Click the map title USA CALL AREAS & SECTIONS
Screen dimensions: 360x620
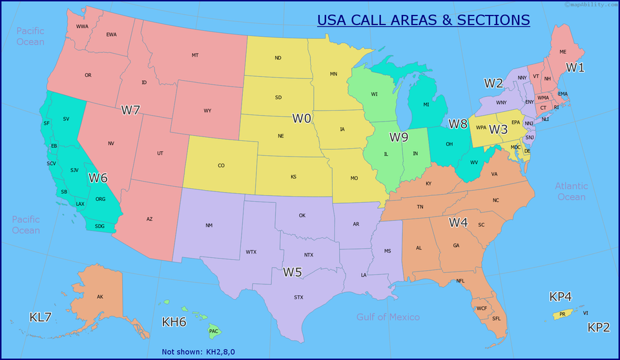(x=423, y=20)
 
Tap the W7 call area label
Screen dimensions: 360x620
(x=130, y=110)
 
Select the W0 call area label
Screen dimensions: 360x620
(x=302, y=118)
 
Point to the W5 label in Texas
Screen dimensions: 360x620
(x=292, y=272)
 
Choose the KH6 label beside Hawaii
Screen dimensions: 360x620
(x=174, y=322)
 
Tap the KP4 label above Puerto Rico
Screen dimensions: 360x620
(x=561, y=297)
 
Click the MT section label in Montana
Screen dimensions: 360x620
(x=195, y=56)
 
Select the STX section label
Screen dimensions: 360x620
(x=298, y=297)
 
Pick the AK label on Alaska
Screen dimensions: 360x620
(x=100, y=297)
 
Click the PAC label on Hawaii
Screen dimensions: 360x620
(x=214, y=332)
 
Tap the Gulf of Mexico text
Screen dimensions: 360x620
(x=388, y=317)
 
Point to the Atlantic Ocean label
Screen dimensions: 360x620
(x=571, y=191)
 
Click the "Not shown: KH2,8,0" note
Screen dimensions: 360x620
(x=198, y=352)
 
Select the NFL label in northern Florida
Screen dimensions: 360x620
(x=460, y=281)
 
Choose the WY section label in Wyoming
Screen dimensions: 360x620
(x=207, y=111)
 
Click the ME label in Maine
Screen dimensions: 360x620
(x=563, y=52)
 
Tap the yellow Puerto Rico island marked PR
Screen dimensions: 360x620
(x=562, y=315)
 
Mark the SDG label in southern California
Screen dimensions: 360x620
(x=99, y=226)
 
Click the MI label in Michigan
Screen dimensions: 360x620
(x=426, y=105)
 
